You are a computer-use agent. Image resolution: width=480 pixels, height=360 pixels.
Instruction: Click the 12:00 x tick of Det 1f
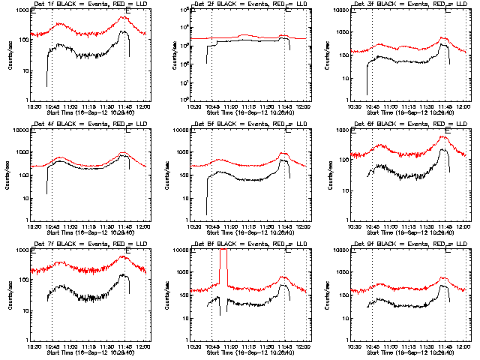click(x=145, y=106)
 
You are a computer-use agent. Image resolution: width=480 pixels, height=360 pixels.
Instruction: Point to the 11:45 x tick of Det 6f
click(x=445, y=226)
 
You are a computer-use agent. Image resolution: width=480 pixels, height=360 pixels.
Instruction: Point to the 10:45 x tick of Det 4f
click(x=52, y=226)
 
